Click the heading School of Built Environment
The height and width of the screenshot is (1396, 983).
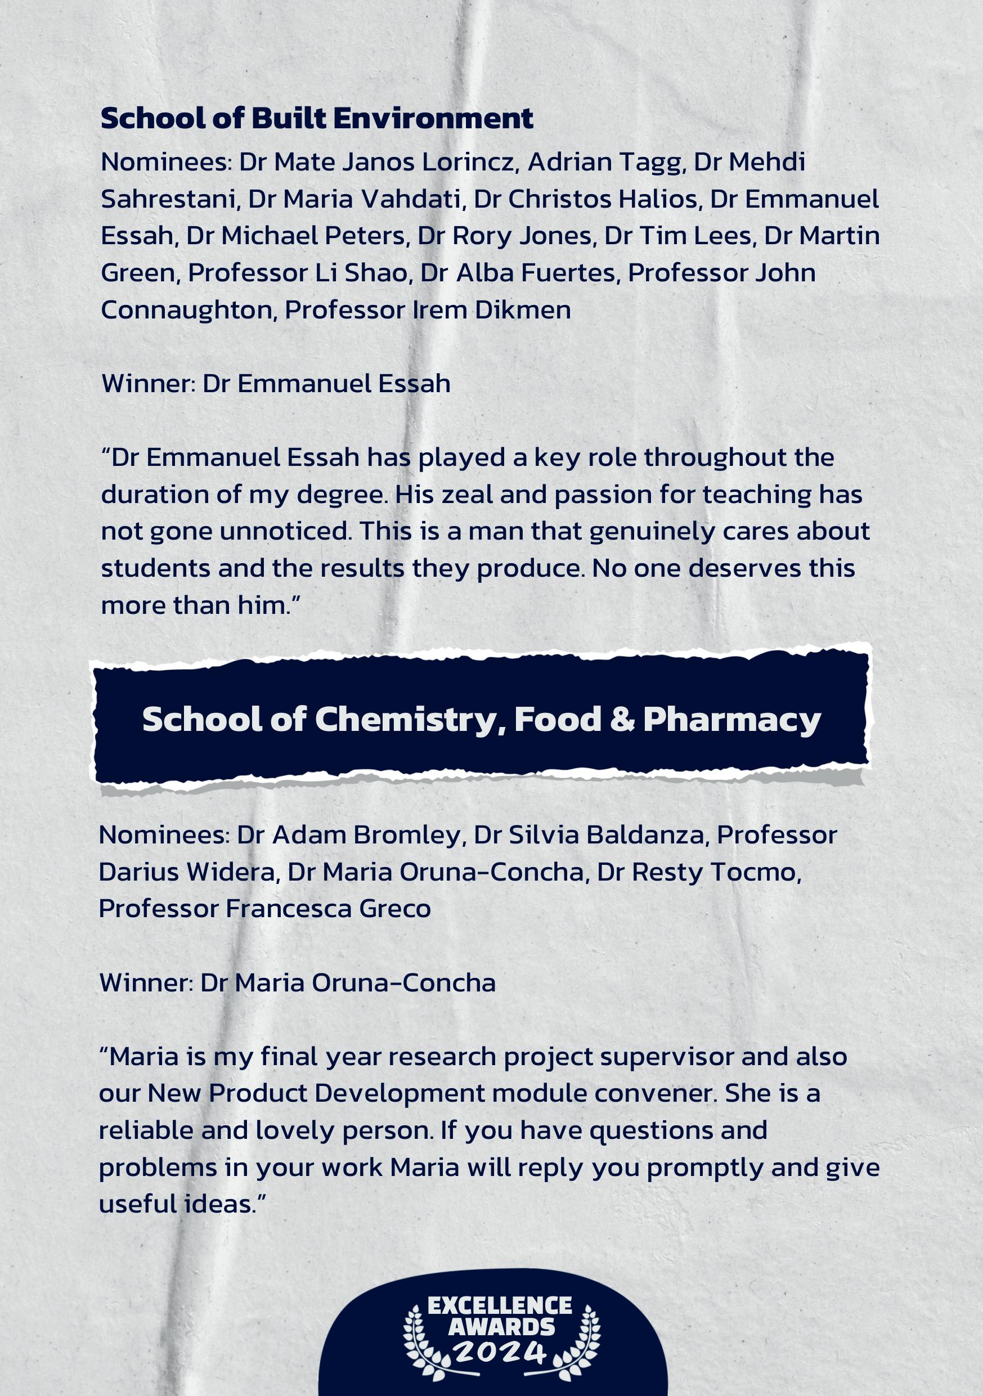click(x=317, y=119)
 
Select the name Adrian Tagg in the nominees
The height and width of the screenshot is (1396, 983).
click(x=607, y=163)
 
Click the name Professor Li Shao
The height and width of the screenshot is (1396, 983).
click(x=297, y=273)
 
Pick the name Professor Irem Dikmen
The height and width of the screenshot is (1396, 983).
click(x=428, y=310)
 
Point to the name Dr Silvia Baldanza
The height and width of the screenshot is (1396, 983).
click(x=589, y=836)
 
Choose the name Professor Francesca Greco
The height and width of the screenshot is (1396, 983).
click(x=264, y=909)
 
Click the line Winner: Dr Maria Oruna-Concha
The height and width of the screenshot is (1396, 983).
click(x=297, y=982)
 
